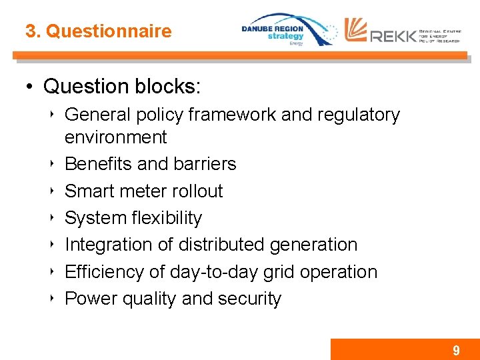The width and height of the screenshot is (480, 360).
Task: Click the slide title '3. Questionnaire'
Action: click(x=98, y=31)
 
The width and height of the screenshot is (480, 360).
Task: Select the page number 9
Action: click(x=456, y=351)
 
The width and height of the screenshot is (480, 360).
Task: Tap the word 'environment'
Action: click(x=115, y=137)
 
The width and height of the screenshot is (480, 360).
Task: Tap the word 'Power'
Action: click(x=89, y=299)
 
